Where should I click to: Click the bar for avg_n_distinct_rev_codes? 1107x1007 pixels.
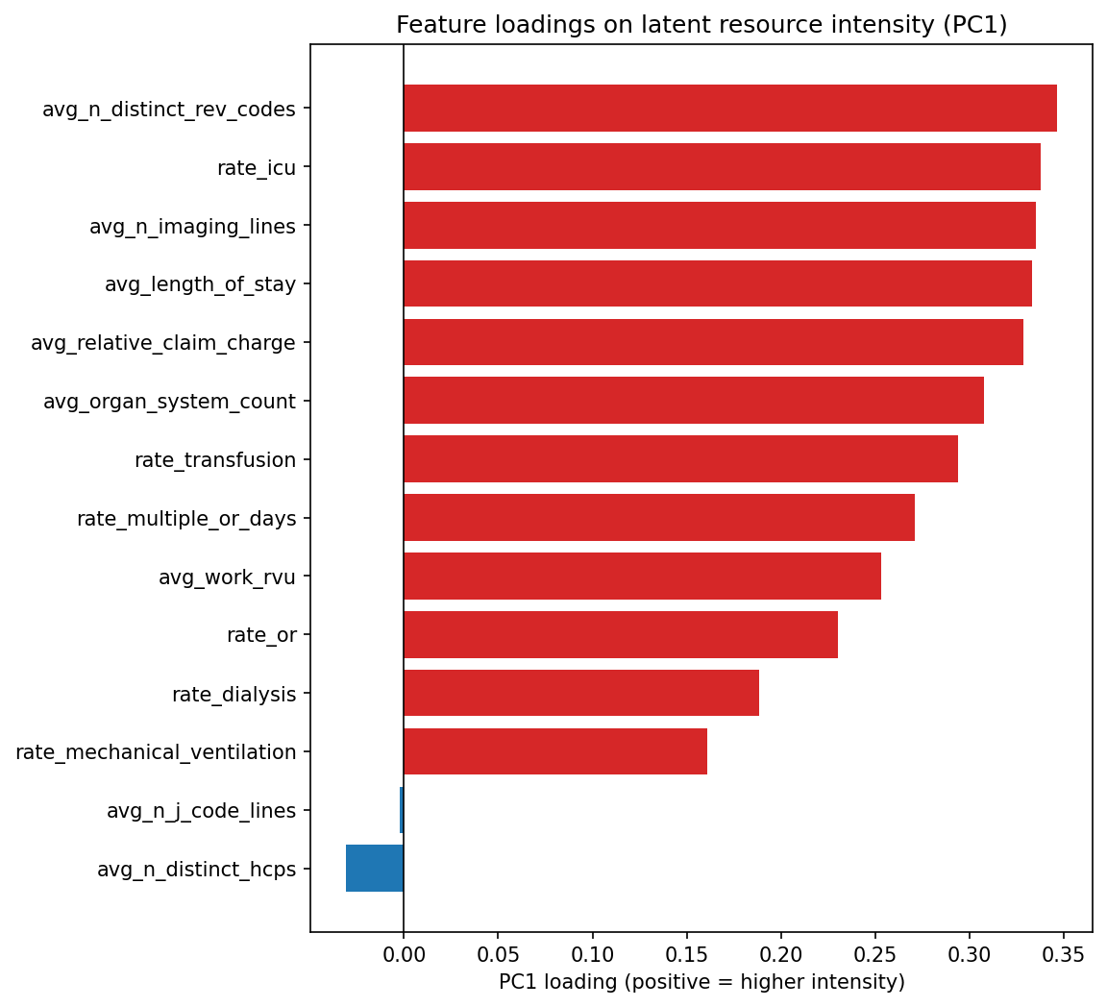click(730, 109)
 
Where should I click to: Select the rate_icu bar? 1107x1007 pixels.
click(722, 167)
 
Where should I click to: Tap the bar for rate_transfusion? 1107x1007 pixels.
click(680, 459)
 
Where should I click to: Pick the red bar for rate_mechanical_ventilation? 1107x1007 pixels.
click(555, 751)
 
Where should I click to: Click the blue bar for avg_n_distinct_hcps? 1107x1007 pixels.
click(375, 869)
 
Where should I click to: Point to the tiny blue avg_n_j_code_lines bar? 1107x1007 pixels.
click(402, 810)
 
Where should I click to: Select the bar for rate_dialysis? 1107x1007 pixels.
click(581, 693)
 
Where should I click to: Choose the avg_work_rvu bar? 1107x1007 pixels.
click(642, 577)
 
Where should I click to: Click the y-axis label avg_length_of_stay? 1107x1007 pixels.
click(200, 284)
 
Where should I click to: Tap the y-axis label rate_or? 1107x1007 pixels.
click(261, 635)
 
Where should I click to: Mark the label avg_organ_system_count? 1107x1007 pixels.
click(169, 402)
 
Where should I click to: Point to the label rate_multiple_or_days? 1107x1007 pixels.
click(186, 519)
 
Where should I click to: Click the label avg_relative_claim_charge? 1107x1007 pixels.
click(163, 343)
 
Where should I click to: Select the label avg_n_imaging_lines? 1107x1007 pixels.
click(192, 227)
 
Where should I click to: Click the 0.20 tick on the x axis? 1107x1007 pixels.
click(780, 956)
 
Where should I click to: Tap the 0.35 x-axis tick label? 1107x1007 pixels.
click(1063, 956)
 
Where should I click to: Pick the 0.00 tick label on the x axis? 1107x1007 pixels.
click(404, 956)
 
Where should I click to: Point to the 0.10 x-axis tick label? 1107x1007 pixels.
click(592, 956)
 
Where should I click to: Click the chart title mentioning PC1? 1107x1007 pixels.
click(701, 26)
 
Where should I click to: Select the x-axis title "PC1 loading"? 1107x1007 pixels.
click(701, 982)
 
